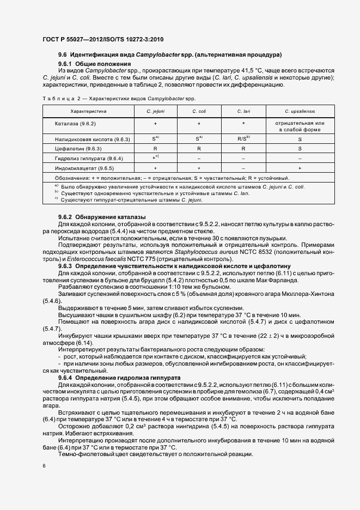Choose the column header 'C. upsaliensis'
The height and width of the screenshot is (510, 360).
pos(300,111)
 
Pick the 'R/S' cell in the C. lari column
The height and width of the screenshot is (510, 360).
pos(243,139)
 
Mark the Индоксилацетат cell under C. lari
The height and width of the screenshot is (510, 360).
pos(243,168)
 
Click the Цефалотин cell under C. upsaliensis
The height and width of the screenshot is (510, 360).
pos(300,148)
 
